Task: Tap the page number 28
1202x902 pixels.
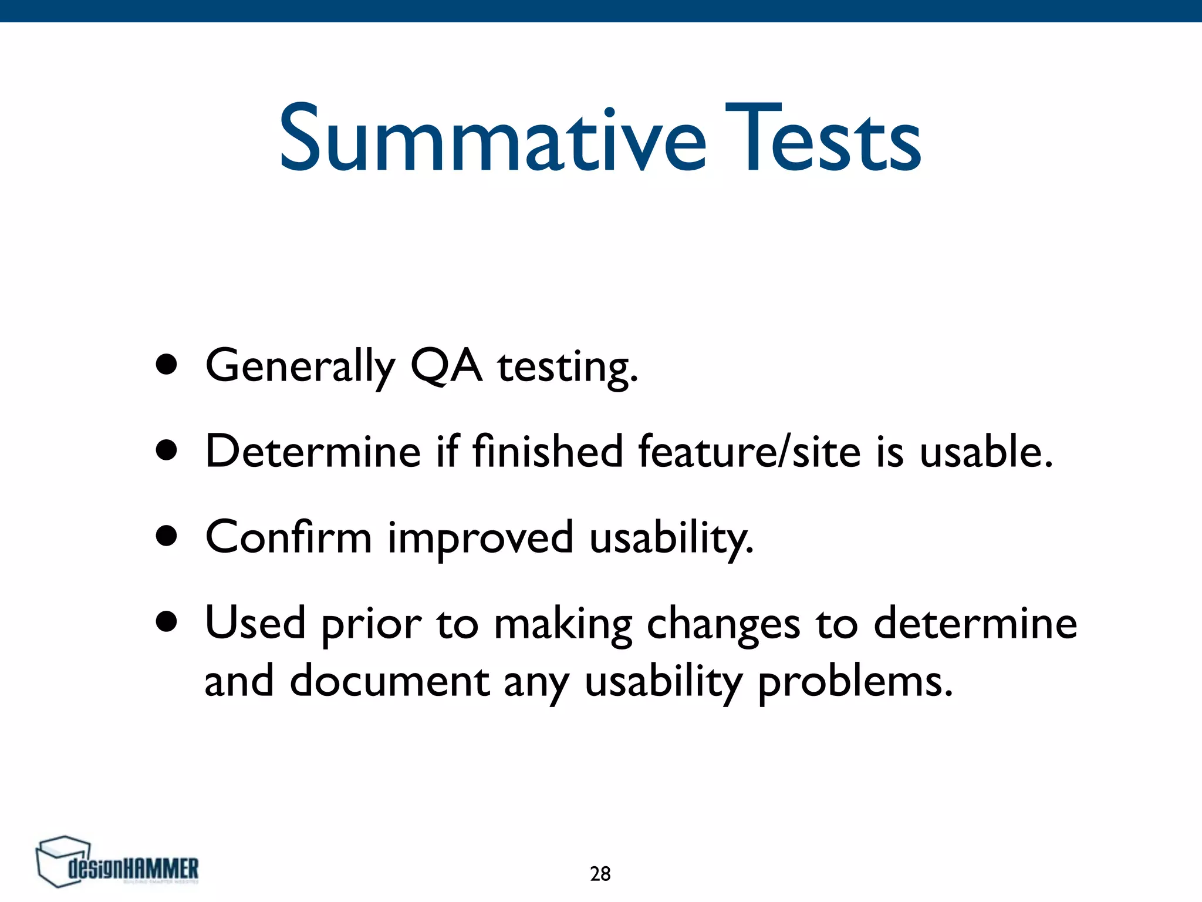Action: (600, 874)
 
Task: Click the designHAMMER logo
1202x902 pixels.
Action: (117, 862)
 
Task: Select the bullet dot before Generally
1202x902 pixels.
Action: (167, 365)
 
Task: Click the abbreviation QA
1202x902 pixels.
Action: (446, 365)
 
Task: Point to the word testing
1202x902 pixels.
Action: (567, 368)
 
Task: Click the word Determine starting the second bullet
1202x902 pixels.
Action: (313, 451)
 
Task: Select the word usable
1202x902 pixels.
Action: (985, 451)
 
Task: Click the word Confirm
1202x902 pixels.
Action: (288, 537)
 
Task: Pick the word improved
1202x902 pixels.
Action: (480, 539)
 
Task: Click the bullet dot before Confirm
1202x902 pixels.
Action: (167, 536)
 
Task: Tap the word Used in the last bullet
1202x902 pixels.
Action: (255, 622)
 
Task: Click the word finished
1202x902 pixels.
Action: (548, 451)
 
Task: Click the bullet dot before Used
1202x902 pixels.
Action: (167, 622)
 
